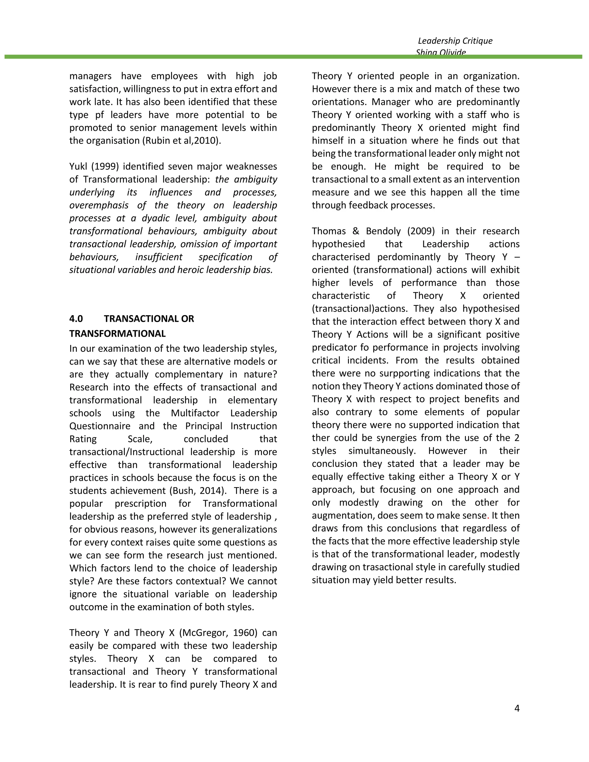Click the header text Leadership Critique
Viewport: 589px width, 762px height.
click(455, 41)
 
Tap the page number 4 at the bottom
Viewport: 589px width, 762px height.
click(517, 708)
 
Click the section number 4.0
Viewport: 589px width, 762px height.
click(76, 319)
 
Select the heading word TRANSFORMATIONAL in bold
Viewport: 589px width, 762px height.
click(117, 334)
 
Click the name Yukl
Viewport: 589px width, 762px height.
click(78, 166)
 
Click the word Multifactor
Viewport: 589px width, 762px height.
click(195, 413)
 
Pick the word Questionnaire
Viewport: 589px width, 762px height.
click(100, 426)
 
